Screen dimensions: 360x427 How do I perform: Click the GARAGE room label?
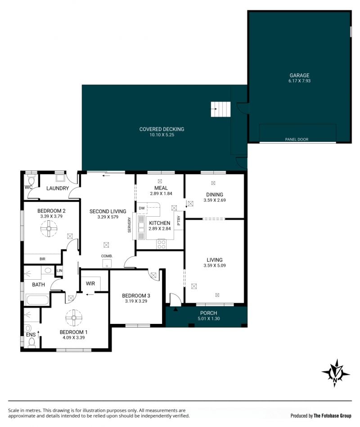[299, 75]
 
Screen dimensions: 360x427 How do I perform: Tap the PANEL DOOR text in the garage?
[297, 140]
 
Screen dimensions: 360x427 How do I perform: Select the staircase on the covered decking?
[220, 109]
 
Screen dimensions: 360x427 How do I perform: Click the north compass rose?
[336, 373]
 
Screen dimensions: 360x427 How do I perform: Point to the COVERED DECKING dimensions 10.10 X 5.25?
[162, 135]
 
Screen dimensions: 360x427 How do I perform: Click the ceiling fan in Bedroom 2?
[49, 228]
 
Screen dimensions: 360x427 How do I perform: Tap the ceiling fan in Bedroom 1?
[74, 318]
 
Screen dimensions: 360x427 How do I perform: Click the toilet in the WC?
[31, 180]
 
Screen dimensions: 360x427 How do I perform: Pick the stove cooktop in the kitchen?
[161, 244]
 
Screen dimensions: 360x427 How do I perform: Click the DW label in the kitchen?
[142, 209]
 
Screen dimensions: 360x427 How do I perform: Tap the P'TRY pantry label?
[179, 221]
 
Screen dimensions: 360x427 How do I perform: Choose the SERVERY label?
[130, 225]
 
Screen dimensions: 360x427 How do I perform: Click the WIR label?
[90, 283]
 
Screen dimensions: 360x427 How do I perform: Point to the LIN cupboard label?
[59, 270]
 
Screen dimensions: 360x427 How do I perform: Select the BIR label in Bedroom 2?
[42, 259]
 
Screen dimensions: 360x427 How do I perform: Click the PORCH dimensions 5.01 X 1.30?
[209, 318]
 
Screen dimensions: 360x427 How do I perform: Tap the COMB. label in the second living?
[107, 256]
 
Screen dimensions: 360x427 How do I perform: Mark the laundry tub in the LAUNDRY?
[60, 178]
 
